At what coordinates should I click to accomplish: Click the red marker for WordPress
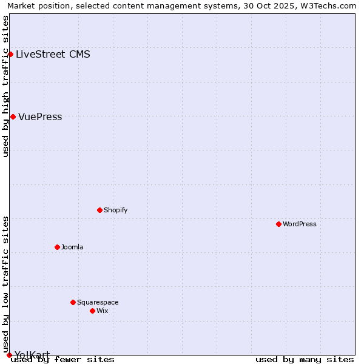(278, 224)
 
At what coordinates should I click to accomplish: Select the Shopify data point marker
(99, 210)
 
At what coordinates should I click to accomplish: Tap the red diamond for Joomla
(57, 247)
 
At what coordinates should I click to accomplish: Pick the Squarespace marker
(73, 302)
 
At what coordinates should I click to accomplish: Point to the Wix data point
(92, 311)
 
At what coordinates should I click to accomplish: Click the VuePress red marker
(13, 116)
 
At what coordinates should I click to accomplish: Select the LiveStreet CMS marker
(10, 54)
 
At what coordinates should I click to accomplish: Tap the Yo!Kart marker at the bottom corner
(9, 355)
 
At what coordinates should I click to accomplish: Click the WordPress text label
(300, 224)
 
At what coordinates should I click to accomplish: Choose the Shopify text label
(115, 210)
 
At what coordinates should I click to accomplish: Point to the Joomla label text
(72, 247)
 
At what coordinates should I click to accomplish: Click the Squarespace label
(98, 302)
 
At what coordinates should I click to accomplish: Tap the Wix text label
(102, 311)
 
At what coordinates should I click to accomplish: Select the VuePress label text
(40, 116)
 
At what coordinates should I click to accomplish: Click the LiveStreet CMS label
(53, 54)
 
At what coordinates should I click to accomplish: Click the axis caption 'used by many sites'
(305, 359)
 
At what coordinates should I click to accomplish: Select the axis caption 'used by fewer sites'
(63, 359)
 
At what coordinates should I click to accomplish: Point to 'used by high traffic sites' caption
(5, 86)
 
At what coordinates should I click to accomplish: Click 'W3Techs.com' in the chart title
(331, 5)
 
